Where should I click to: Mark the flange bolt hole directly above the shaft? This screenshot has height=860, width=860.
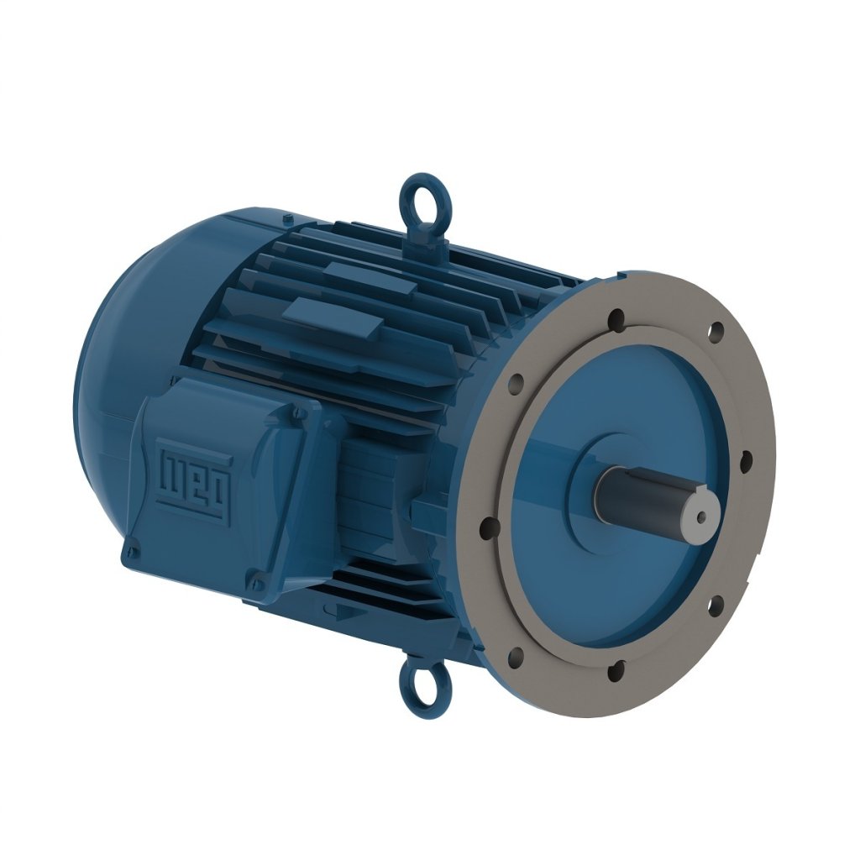(617, 318)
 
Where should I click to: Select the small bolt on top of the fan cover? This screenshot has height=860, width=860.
(288, 220)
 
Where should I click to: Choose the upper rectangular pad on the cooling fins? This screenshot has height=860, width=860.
(370, 278)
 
